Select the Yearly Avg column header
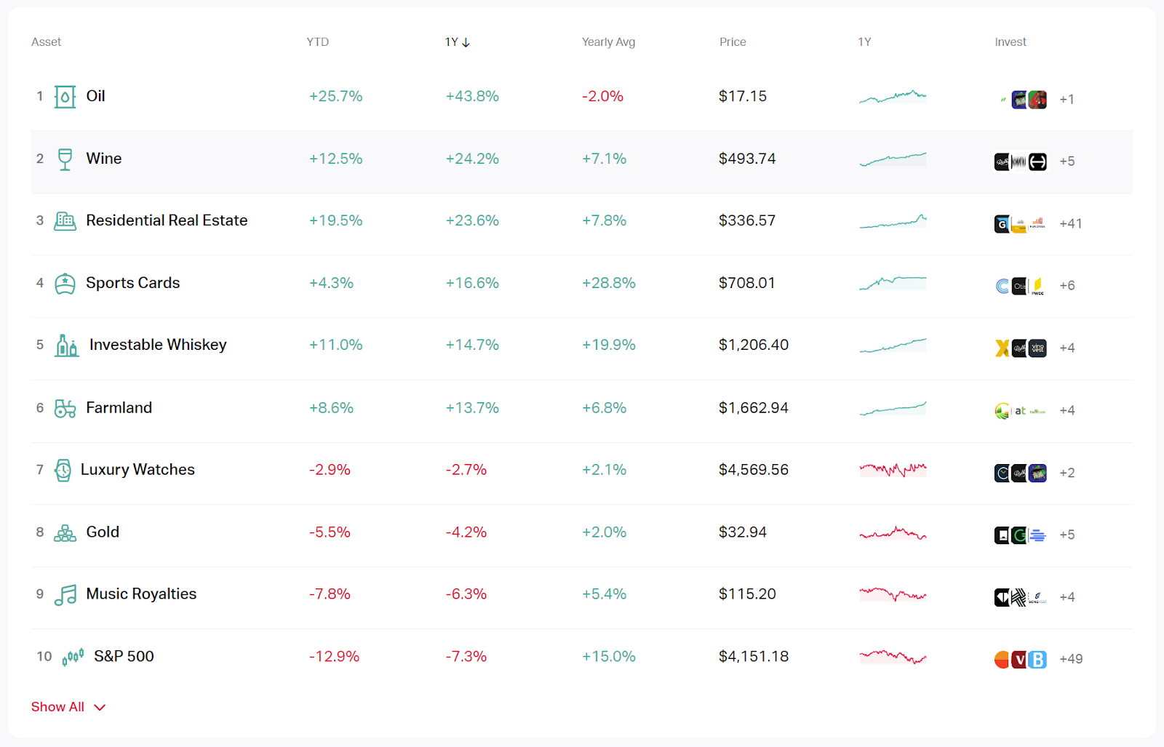(608, 42)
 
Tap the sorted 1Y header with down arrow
(457, 42)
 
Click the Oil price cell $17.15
(742, 96)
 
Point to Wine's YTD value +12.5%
(335, 159)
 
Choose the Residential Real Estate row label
(167, 220)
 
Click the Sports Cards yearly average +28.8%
(608, 283)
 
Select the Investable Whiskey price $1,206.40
(753, 345)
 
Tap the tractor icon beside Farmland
(65, 408)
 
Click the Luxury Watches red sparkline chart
(893, 470)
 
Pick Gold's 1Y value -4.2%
(466, 532)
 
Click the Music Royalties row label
(141, 594)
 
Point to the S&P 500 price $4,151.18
(753, 657)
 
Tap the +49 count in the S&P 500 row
(1071, 659)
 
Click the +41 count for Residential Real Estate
(1070, 224)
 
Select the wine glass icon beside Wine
(65, 159)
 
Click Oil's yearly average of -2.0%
(602, 96)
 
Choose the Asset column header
(46, 42)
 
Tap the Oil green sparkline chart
(893, 96)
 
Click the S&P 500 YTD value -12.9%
(334, 657)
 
